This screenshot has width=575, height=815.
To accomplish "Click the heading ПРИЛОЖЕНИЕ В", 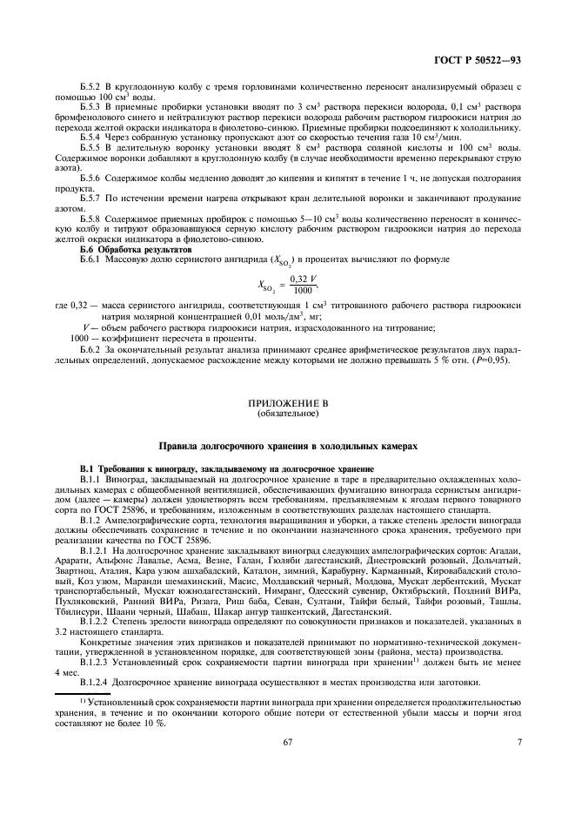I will (287, 405).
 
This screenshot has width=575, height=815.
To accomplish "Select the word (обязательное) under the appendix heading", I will (287, 414).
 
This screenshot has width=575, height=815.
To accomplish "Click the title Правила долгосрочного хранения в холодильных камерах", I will (287, 446).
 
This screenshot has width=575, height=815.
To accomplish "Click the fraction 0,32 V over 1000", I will (302, 284).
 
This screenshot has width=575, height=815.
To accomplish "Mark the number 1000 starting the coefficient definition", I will (78, 336).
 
